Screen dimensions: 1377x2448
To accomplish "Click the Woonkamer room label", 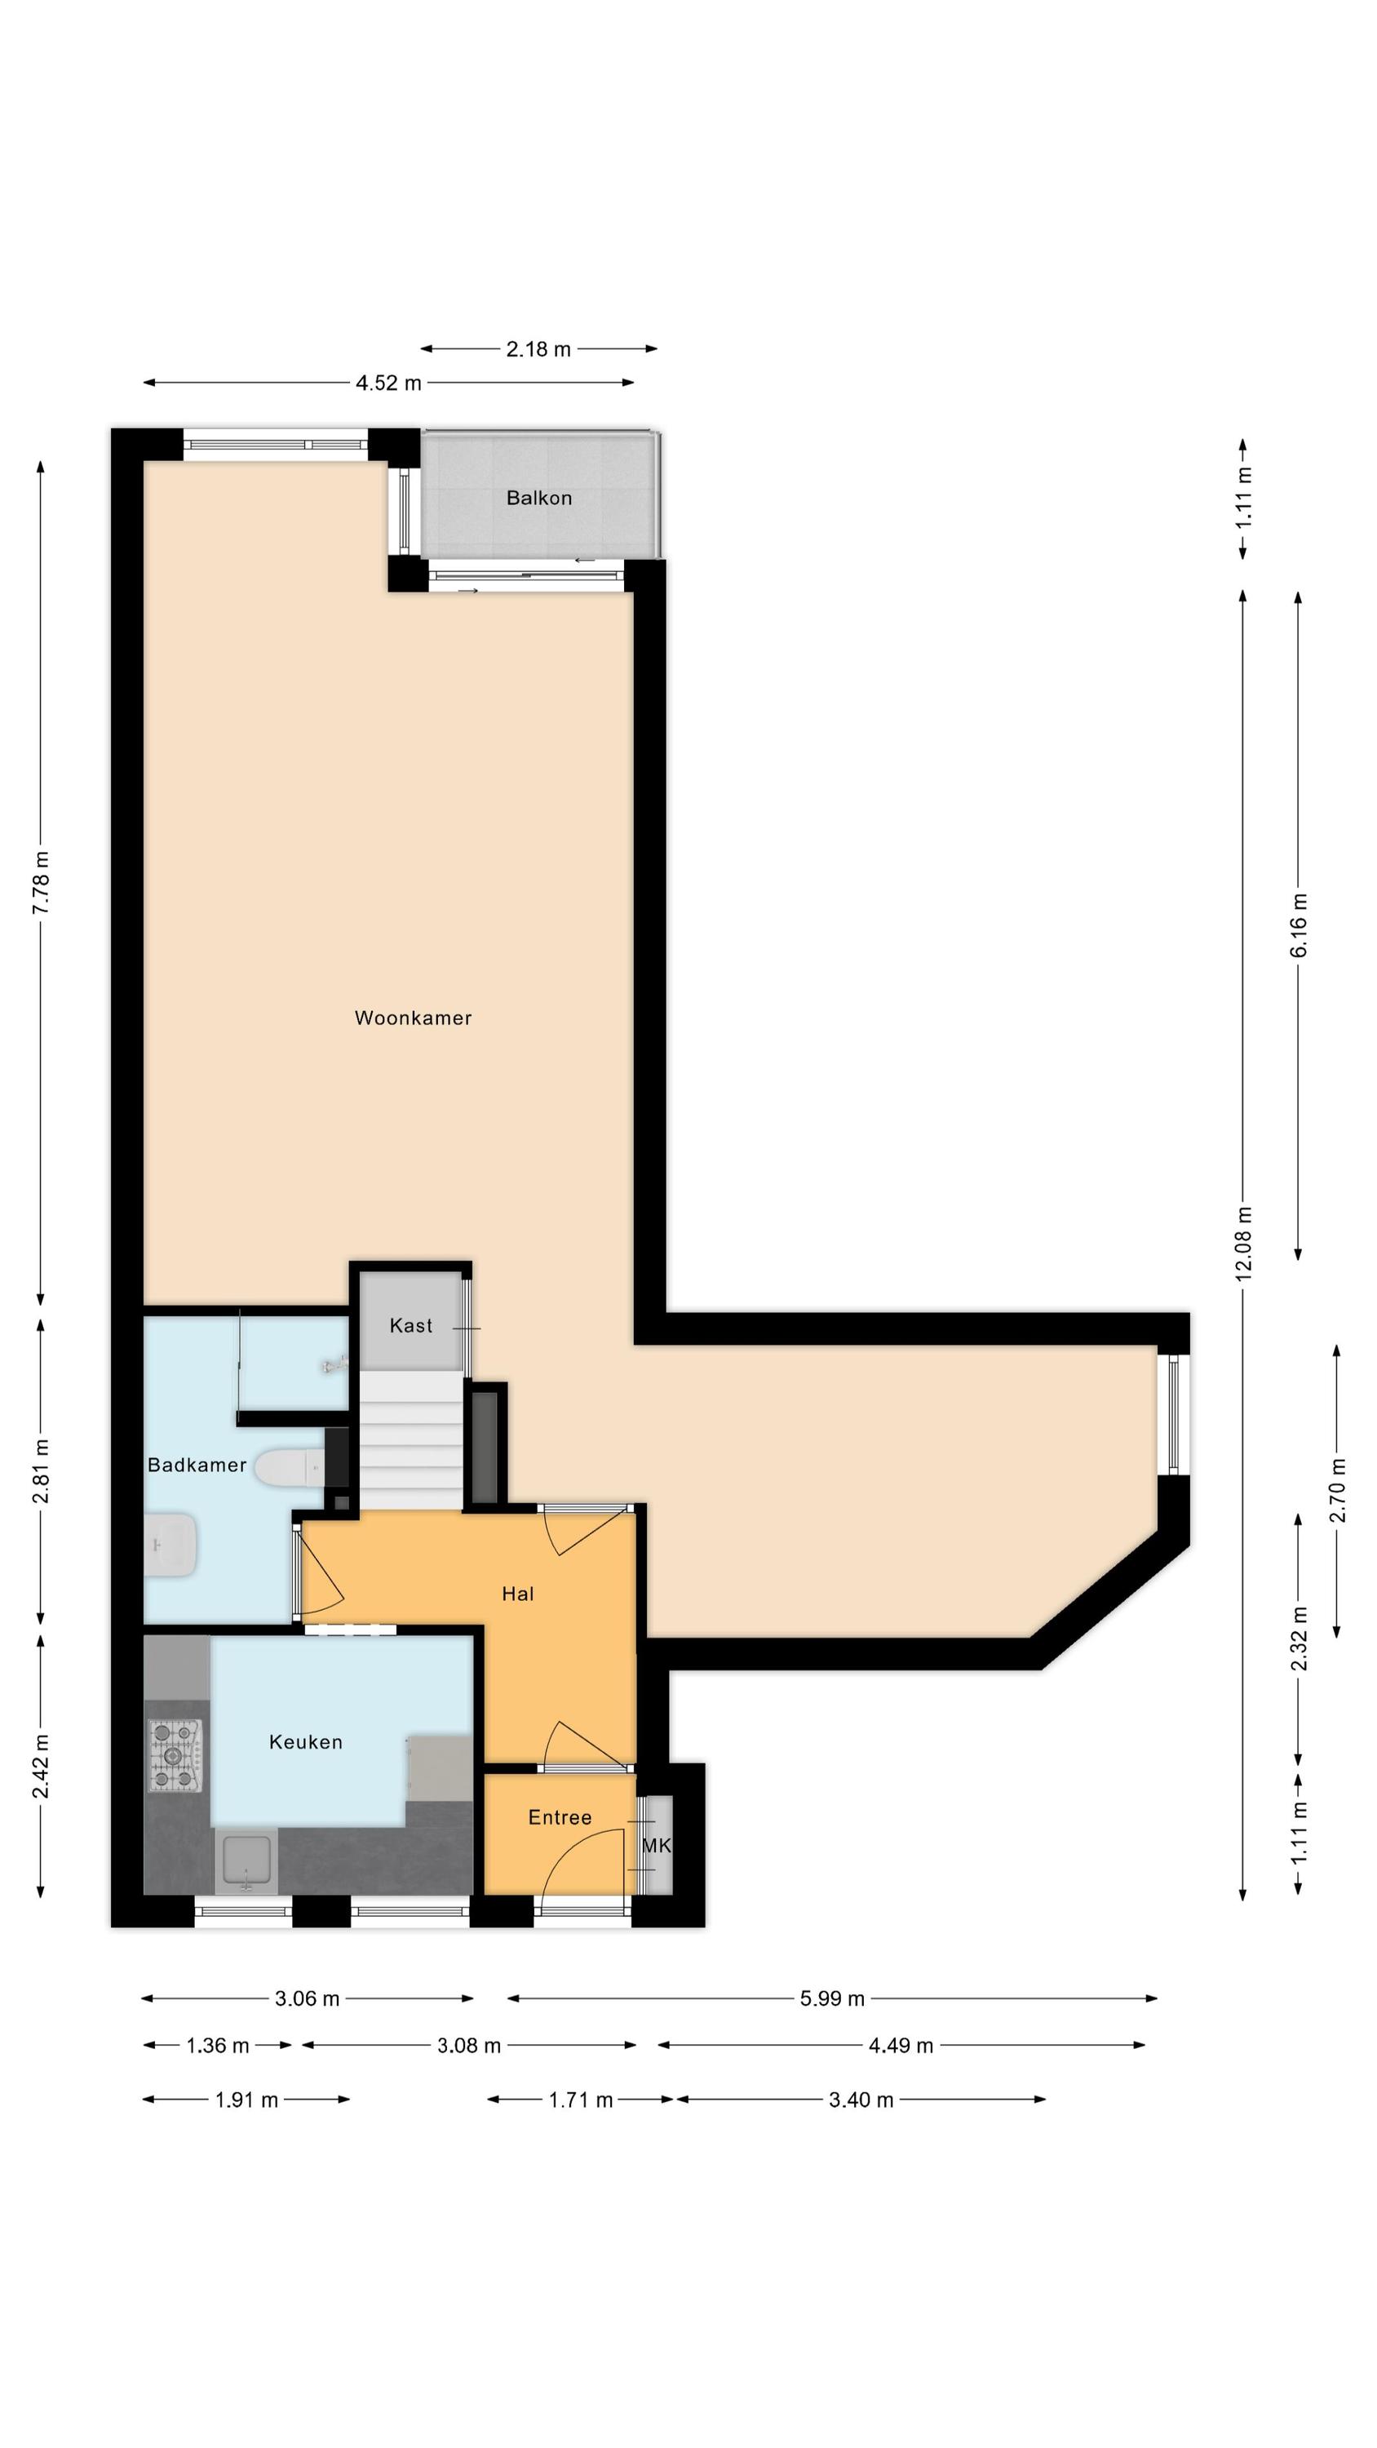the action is [413, 1018].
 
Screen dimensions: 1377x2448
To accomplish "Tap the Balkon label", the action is [539, 498].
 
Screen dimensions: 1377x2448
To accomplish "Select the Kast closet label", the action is [410, 1326].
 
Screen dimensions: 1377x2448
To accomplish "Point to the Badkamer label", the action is [197, 1466].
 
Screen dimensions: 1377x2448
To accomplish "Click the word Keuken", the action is [305, 1742].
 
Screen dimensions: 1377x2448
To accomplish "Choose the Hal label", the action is [518, 1594].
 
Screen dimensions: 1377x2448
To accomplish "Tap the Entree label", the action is [560, 1817].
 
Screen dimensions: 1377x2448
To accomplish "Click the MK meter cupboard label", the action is [657, 1846].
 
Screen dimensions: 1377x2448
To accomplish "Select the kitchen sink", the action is [247, 1860].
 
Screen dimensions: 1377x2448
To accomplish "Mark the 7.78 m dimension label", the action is [41, 883].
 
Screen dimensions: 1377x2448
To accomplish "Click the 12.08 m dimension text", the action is [1244, 1244].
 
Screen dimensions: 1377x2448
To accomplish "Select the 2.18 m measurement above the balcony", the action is [539, 348].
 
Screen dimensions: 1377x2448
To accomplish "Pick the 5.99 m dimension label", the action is [832, 1998].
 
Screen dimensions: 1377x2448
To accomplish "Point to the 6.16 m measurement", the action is [1299, 925].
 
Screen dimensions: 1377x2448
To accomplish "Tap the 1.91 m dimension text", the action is [246, 2100].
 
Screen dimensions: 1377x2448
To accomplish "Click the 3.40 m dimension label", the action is [861, 2100].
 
